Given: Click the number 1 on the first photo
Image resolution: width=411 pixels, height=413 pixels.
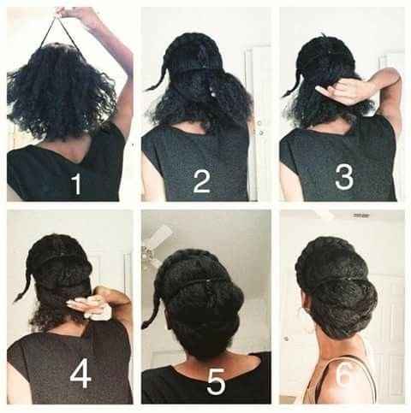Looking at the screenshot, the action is (77, 184).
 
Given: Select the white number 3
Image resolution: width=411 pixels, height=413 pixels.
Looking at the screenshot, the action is (344, 178).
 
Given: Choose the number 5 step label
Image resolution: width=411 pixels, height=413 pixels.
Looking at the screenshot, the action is (216, 382).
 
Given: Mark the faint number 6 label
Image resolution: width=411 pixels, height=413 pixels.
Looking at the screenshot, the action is (345, 376).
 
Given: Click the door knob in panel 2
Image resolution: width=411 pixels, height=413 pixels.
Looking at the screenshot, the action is (259, 127).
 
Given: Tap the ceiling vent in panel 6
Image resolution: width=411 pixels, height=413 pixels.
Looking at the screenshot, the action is (361, 215).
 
